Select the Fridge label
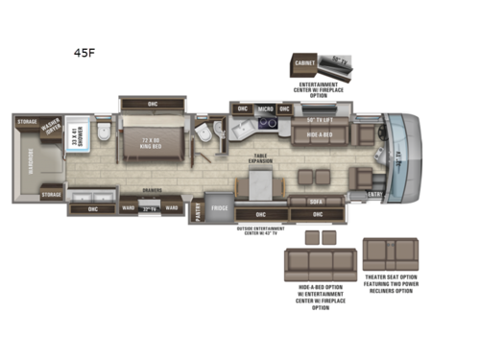(219, 207)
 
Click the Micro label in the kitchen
(266, 109)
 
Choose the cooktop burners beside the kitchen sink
(271, 122)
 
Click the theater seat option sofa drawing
(390, 255)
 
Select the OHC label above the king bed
(153, 104)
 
